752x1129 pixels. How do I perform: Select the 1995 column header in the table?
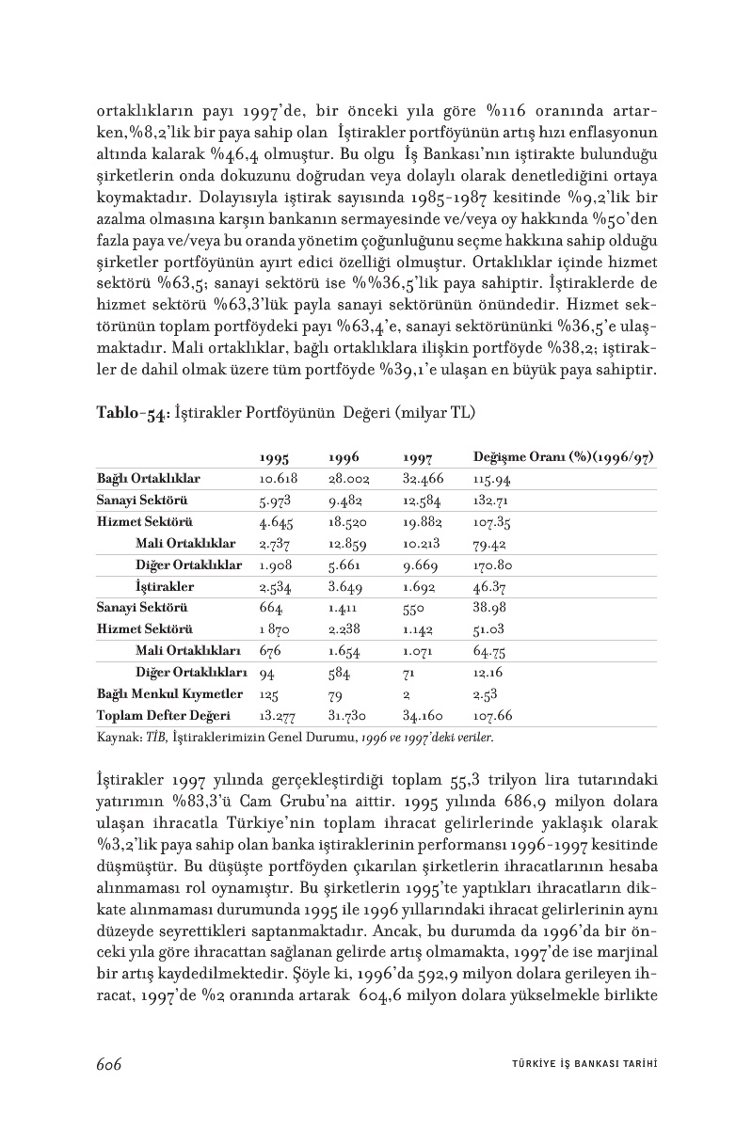pyautogui.click(x=274, y=458)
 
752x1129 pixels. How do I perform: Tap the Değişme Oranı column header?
pyautogui.click(x=564, y=458)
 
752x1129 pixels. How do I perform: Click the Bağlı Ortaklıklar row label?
pyautogui.click(x=149, y=479)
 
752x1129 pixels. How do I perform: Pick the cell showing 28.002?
pyautogui.click(x=347, y=479)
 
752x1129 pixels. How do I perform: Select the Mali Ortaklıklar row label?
pyautogui.click(x=185, y=543)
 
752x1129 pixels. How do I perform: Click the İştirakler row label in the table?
pyautogui.click(x=165, y=586)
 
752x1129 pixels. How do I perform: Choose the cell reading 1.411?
pyautogui.click(x=342, y=608)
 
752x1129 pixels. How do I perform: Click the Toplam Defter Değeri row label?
pyautogui.click(x=164, y=715)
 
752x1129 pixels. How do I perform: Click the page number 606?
pyautogui.click(x=110, y=1063)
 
